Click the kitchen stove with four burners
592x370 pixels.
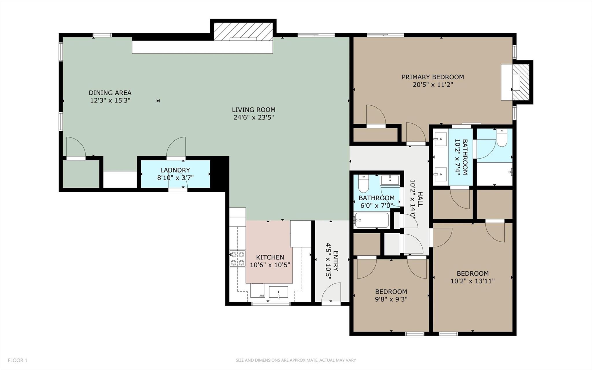coord(237,259)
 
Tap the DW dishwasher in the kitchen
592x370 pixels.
coord(257,291)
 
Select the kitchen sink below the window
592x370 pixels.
coord(278,292)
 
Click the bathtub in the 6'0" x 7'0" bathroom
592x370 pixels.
coord(371,221)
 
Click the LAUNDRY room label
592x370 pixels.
coord(175,170)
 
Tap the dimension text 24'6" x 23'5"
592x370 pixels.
coord(254,118)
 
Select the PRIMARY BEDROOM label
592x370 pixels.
coord(433,77)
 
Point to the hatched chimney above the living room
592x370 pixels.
coord(243,31)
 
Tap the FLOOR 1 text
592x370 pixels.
coord(17,360)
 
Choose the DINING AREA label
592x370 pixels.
coord(110,93)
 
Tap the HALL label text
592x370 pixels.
coord(420,199)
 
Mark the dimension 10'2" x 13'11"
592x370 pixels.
coord(473,281)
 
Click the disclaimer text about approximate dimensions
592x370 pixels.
coord(296,360)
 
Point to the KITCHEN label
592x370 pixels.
coord(270,257)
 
